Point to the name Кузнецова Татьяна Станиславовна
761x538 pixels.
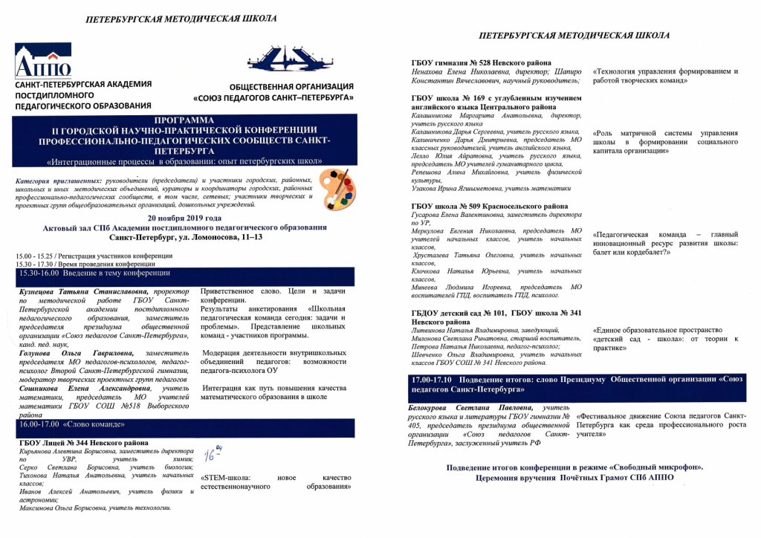pos(82,293)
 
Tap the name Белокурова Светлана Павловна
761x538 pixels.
pos(471,407)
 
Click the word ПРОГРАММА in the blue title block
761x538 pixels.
pos(183,120)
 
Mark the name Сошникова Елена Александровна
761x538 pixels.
pos(83,388)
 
